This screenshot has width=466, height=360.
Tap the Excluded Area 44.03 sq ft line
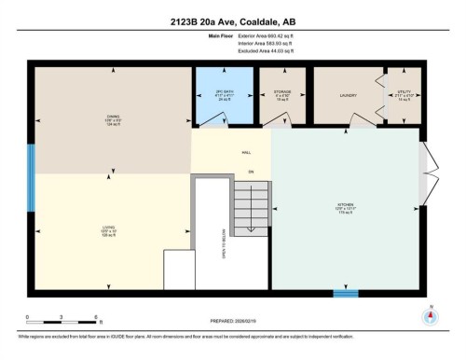tap(265, 49)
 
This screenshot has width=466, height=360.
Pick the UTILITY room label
tap(404, 94)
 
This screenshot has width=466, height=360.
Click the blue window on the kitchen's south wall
tap(346, 294)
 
